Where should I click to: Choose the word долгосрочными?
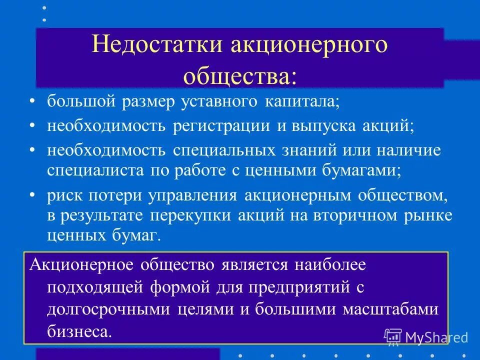tap(109, 309)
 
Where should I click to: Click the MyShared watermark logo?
tap(426, 337)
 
